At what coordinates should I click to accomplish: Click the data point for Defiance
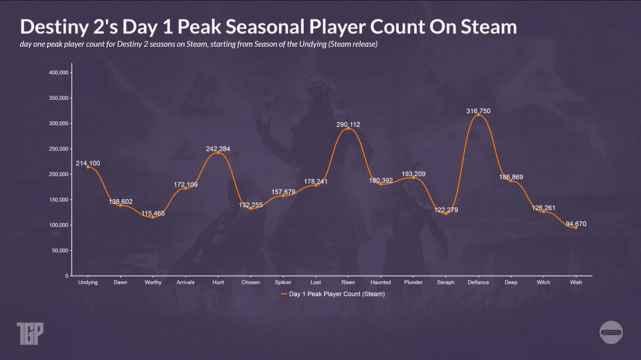point(478,115)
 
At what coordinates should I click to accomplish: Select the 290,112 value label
point(348,124)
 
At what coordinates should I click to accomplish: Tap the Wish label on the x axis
point(575,282)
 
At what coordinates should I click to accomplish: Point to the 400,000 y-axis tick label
point(60,72)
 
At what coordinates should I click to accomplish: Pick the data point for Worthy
point(153,217)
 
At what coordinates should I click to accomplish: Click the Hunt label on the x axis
point(217,282)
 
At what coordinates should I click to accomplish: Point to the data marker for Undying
point(88,167)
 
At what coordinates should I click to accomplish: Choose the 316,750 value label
point(478,110)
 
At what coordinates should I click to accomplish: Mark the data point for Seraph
point(446,213)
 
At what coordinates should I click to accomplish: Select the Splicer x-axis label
point(283,282)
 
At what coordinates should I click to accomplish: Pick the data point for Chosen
point(250,208)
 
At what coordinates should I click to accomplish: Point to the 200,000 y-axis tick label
point(60,174)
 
